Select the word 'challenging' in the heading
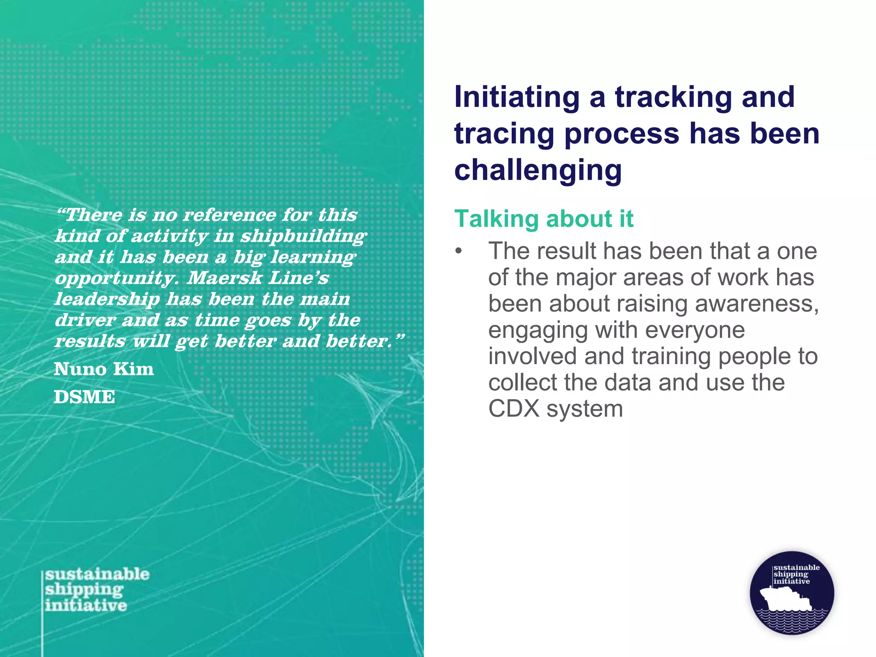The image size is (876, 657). coord(538,170)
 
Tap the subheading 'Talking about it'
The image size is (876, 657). coord(544,219)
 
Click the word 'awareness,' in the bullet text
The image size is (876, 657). coord(757,304)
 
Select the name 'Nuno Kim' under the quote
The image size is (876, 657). coord(104,369)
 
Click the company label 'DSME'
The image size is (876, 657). coord(84,397)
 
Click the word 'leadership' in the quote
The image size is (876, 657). coord(107,299)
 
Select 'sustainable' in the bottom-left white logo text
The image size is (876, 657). coord(98,574)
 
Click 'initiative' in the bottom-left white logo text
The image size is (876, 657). coord(86,606)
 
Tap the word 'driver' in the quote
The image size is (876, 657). coord(85,320)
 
